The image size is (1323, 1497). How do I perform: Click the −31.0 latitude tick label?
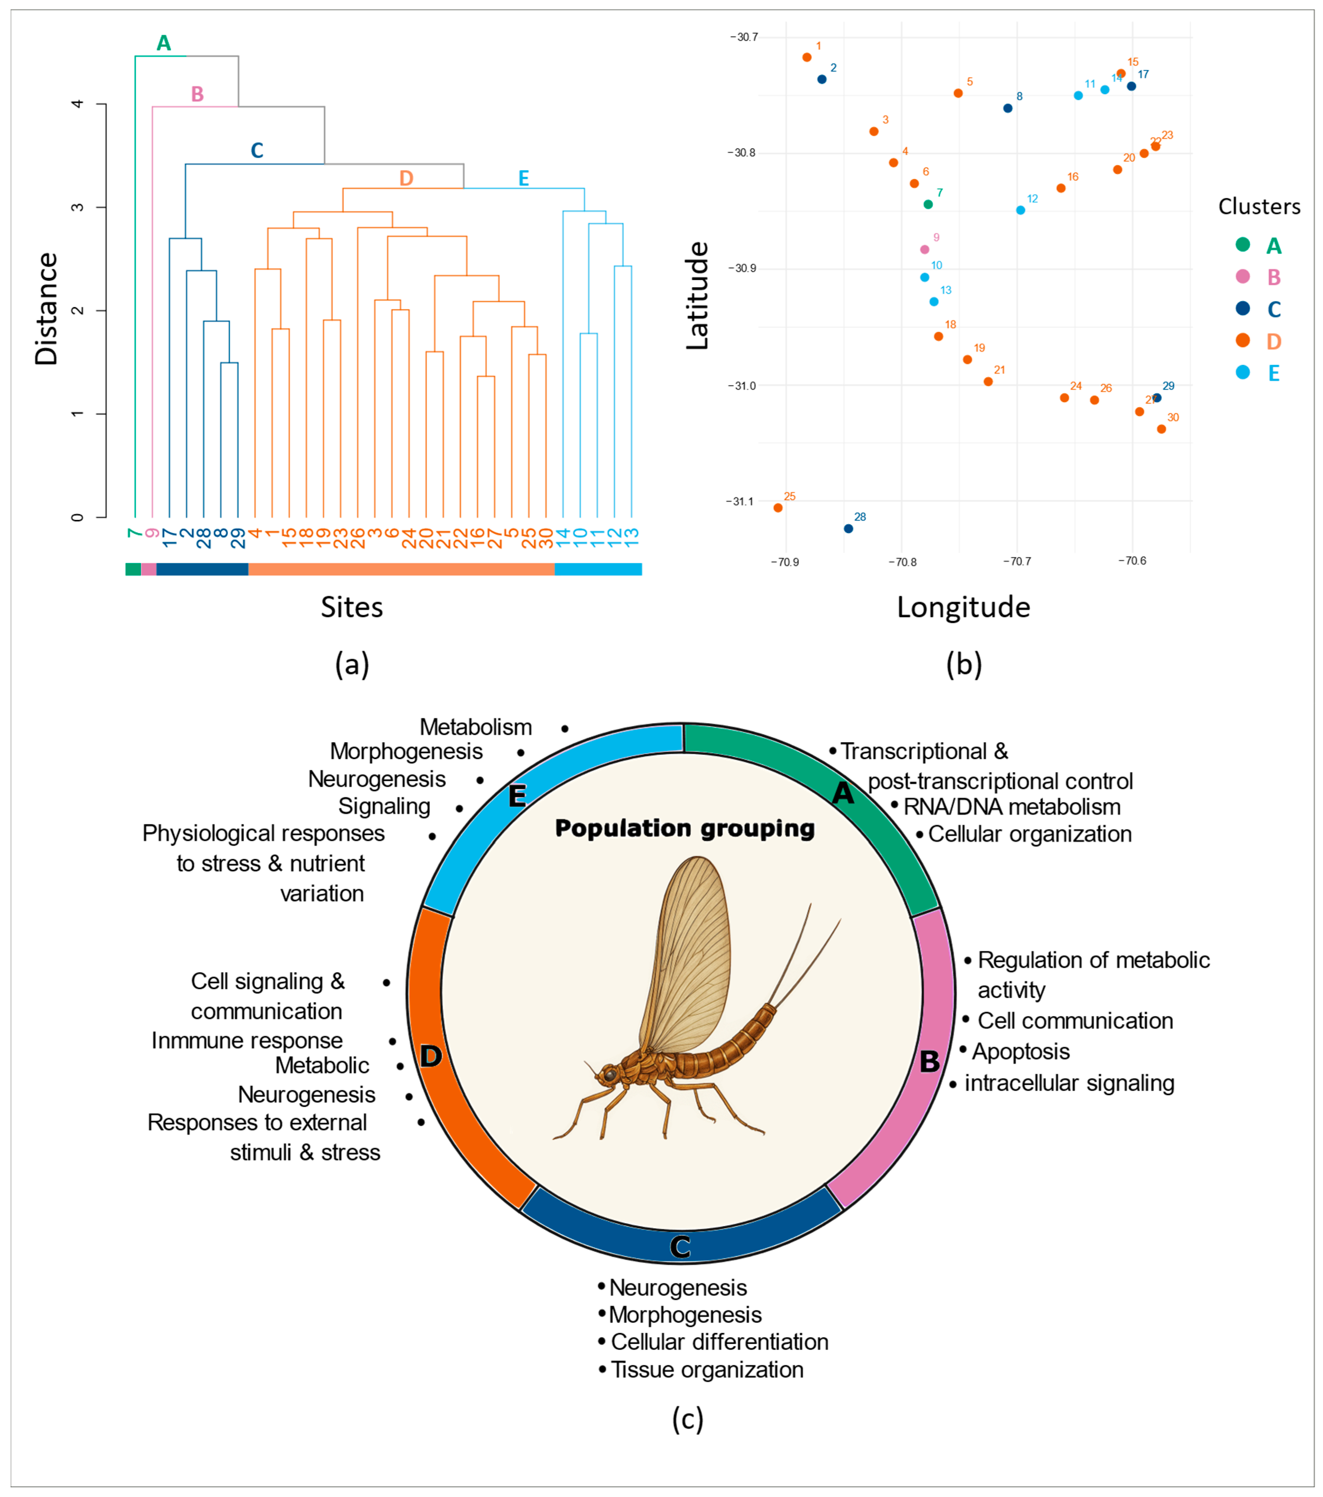pos(741,386)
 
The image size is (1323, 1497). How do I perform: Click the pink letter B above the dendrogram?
pos(197,94)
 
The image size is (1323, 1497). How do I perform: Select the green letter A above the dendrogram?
pos(164,43)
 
